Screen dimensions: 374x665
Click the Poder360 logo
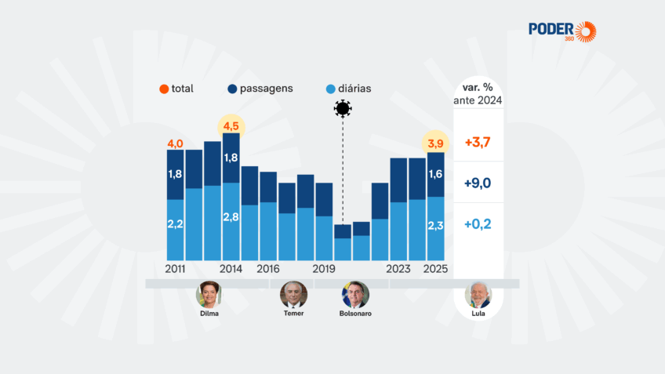(562, 31)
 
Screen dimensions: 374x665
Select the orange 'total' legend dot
(163, 89)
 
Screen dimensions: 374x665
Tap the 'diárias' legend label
(351, 89)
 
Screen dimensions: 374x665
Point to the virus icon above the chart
(342, 109)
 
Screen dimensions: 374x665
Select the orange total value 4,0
(175, 143)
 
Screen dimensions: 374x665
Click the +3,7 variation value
(478, 143)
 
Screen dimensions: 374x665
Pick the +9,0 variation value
(478, 183)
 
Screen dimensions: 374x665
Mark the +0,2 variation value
(478, 223)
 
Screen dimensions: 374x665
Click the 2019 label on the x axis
(324, 269)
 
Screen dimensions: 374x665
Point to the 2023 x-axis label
(398, 269)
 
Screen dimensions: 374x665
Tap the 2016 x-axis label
(268, 269)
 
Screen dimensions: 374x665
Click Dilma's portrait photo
(209, 294)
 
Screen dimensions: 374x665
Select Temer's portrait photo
(293, 294)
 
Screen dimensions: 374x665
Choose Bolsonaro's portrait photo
(354, 294)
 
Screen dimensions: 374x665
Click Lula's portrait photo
(478, 294)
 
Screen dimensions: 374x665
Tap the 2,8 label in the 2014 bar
(231, 217)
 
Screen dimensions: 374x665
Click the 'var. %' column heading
(478, 85)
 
